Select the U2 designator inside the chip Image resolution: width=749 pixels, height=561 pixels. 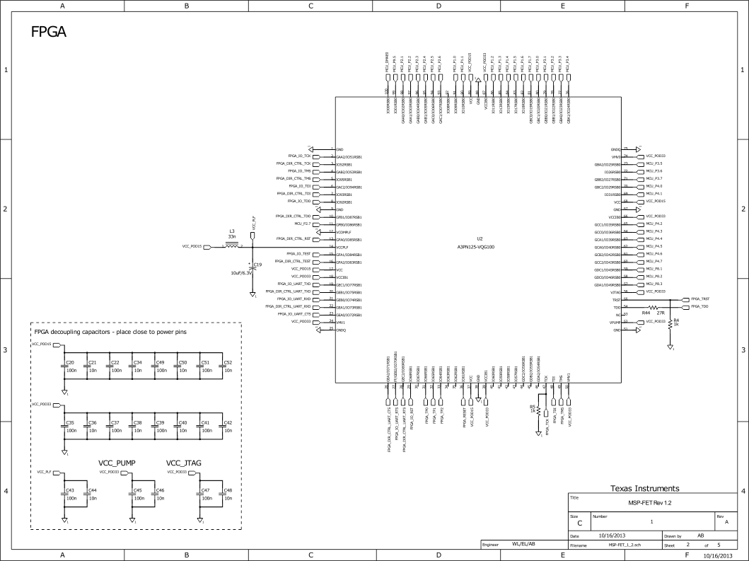[479, 239]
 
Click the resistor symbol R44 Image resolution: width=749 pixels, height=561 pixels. [654, 308]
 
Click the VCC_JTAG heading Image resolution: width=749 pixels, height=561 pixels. [184, 463]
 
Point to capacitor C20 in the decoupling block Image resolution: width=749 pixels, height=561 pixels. [64, 366]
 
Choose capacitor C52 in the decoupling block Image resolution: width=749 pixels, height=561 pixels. [223, 366]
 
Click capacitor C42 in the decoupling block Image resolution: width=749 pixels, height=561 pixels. [223, 426]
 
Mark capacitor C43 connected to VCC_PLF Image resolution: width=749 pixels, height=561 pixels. [64, 494]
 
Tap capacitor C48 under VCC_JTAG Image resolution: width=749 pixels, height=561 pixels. [223, 494]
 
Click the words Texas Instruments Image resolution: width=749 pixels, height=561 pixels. [644, 488]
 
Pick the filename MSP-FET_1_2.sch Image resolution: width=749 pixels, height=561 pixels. [625, 545]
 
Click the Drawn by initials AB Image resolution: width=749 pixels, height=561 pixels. [700, 536]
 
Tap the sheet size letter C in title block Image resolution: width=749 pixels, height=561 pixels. [580, 524]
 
